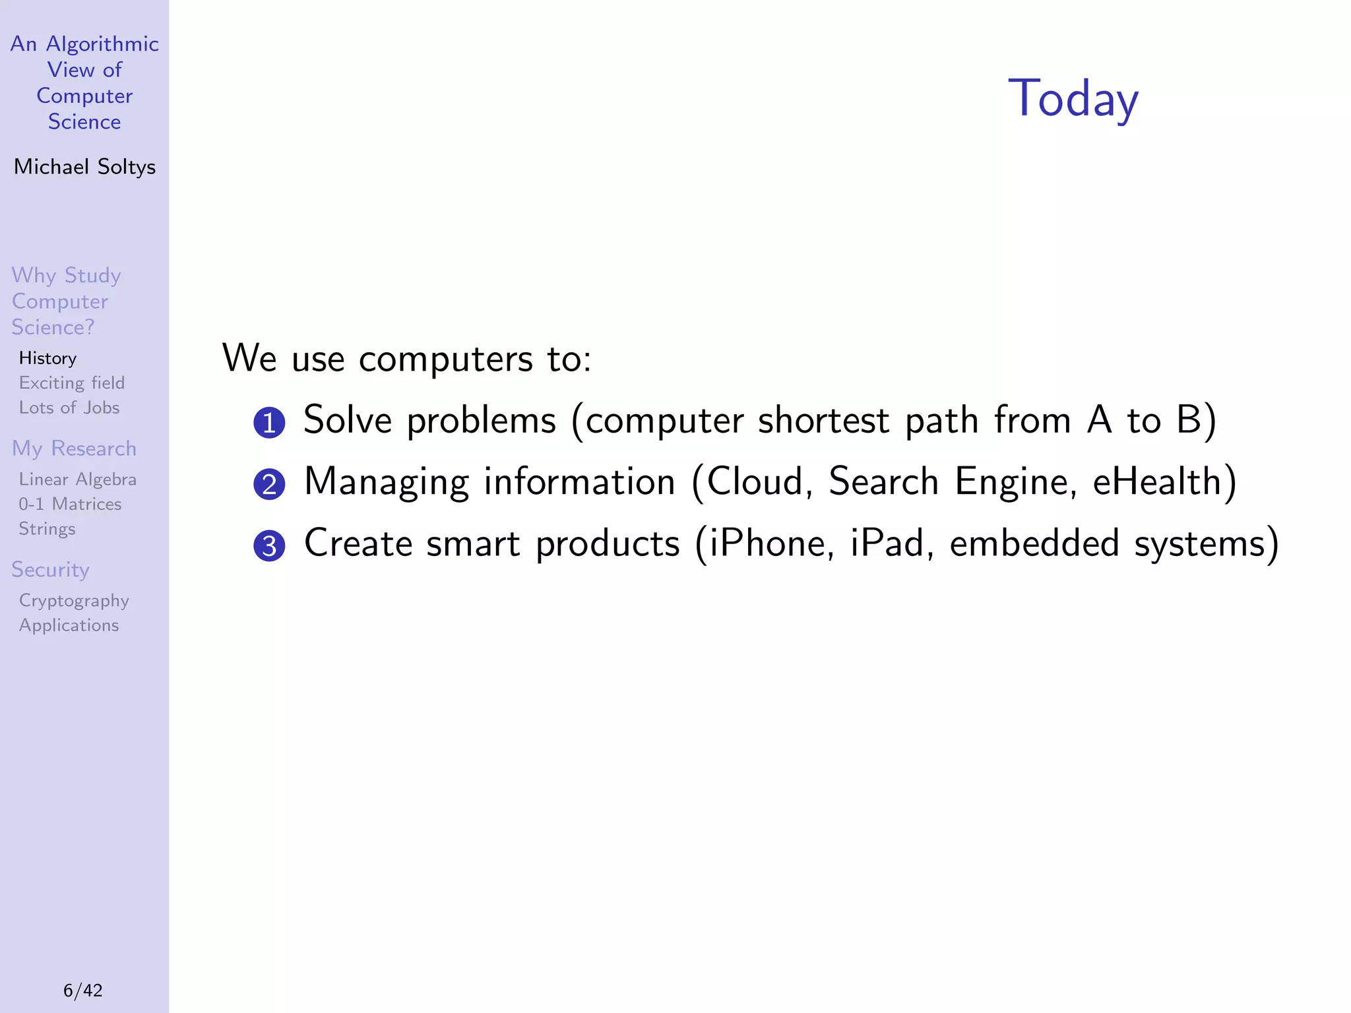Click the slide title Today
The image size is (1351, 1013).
1073,99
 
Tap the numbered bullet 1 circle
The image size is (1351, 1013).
269,423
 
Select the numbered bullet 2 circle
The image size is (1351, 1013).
269,485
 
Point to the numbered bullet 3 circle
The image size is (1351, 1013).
269,546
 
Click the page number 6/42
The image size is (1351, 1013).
83,990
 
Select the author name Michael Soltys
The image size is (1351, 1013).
84,167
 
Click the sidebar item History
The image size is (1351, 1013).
47,358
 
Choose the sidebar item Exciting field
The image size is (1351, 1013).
71,383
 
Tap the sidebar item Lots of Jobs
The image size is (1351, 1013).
69,408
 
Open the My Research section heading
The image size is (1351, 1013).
74,448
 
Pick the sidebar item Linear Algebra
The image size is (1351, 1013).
77,479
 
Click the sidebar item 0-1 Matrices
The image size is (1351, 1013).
70,505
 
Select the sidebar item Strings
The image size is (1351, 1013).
47,529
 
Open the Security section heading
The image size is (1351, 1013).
50,570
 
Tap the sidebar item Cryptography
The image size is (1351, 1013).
74,601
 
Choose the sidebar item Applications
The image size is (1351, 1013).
69,625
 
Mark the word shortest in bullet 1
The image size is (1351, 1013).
823,420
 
